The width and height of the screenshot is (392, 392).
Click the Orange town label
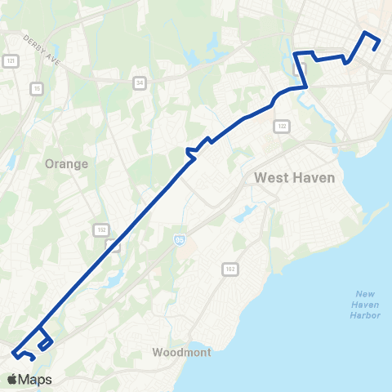(x=67, y=163)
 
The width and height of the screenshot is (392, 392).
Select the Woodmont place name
(x=182, y=353)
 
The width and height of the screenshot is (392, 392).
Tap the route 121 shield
(x=11, y=61)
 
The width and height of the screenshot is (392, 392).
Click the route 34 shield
(x=140, y=81)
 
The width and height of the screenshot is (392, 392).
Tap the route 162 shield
(x=231, y=268)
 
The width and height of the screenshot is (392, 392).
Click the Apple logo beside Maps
(x=13, y=379)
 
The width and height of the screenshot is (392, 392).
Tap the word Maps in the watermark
(x=36, y=379)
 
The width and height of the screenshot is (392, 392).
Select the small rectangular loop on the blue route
(x=46, y=342)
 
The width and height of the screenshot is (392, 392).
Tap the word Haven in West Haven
(x=315, y=177)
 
